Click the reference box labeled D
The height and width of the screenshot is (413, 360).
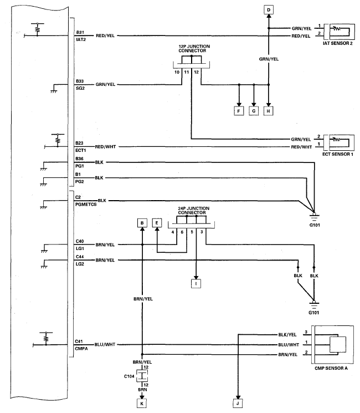click(x=269, y=11)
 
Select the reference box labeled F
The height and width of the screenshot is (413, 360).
click(x=239, y=111)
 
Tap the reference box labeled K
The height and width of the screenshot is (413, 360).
click(x=142, y=404)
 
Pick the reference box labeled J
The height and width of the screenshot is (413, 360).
click(x=238, y=404)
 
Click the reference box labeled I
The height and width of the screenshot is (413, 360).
click(x=196, y=284)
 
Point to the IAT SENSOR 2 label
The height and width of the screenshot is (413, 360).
click(x=338, y=43)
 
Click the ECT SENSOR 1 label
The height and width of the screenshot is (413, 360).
click(x=338, y=154)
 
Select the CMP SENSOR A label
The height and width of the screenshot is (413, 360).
click(x=331, y=368)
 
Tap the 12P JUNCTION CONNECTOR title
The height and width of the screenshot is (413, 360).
click(x=194, y=48)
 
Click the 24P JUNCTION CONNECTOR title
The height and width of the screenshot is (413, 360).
click(x=193, y=211)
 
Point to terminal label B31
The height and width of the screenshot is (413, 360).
click(x=80, y=32)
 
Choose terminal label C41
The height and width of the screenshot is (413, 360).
click(x=79, y=341)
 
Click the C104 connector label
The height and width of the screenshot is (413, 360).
click(x=129, y=376)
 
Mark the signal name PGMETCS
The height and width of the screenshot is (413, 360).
click(x=86, y=205)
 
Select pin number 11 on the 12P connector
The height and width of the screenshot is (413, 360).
click(x=186, y=72)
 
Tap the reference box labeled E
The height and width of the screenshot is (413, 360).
click(x=157, y=223)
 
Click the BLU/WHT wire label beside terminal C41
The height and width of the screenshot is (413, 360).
click(x=105, y=344)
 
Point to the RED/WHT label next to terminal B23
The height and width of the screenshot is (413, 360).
click(x=105, y=147)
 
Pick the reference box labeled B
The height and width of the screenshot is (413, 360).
click(x=142, y=223)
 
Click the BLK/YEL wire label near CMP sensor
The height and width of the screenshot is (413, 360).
click(x=287, y=335)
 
